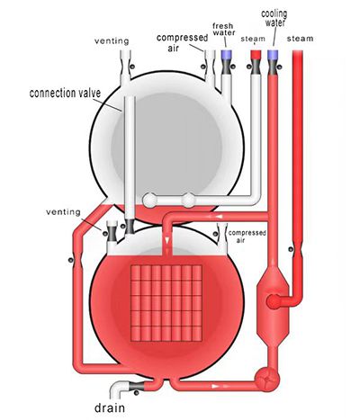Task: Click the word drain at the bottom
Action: coord(110,407)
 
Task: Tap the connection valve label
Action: coord(65,94)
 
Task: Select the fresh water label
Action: coord(224,30)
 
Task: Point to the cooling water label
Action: coord(274,18)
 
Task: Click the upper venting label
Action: coord(112,41)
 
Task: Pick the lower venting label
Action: coord(63,212)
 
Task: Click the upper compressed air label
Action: coord(182,42)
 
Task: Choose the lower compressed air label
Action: coord(247,237)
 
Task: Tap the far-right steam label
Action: coord(300,39)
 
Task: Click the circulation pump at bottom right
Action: coord(267,380)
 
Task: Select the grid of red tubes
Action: coord(166,303)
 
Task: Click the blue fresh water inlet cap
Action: coord(226,54)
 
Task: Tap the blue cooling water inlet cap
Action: coord(273,54)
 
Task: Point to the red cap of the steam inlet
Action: coord(256,54)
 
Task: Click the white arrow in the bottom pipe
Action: coord(216,386)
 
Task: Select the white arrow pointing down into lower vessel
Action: coord(167,240)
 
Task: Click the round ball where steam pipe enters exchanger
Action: coord(274,301)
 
